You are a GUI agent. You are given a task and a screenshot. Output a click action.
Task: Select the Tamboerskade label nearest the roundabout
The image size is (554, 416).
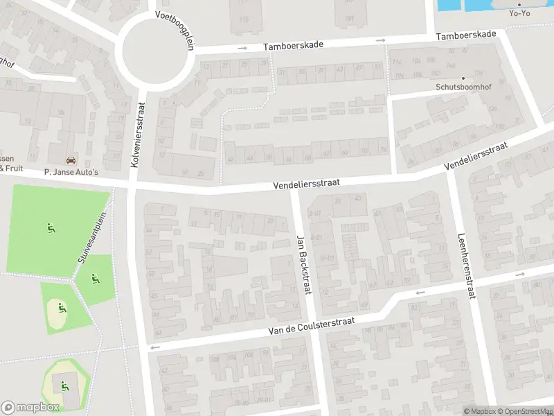click(x=293, y=45)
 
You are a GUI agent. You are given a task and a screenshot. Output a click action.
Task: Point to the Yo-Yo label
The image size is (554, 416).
click(x=519, y=12)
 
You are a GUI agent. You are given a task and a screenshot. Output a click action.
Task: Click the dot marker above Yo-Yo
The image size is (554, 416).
click(x=519, y=3)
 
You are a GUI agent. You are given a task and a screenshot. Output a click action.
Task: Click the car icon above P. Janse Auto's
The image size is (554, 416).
click(x=71, y=159)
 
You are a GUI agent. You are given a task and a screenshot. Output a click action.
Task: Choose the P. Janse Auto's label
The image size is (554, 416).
click(x=71, y=171)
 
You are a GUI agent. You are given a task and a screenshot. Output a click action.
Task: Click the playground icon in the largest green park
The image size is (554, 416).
click(x=51, y=227)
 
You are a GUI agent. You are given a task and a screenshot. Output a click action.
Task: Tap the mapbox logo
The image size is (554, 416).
click(x=30, y=407)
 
